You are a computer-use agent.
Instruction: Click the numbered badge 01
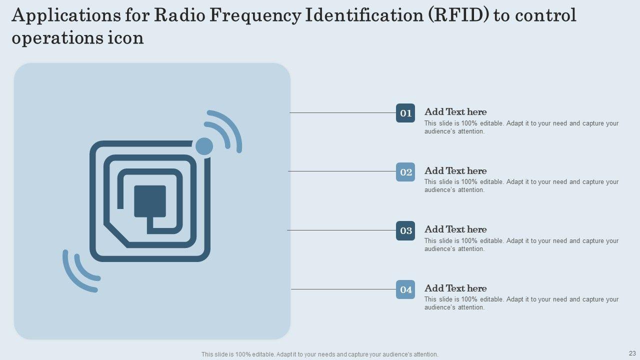tap(405, 113)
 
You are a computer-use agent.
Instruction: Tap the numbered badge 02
tap(405, 172)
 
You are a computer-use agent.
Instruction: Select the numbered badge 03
tap(405, 230)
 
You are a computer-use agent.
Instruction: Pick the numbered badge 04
tap(405, 289)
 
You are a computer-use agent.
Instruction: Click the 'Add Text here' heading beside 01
tap(455, 112)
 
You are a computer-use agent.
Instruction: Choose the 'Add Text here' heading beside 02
tap(455, 171)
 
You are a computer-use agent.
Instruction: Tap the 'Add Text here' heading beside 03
tap(455, 229)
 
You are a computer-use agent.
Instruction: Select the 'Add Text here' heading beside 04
tap(455, 288)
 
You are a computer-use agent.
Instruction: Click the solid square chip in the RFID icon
tap(150, 201)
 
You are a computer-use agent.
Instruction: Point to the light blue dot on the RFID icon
tap(204, 146)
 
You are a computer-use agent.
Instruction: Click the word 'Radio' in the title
tap(177, 16)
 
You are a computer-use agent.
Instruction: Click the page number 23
tap(632, 352)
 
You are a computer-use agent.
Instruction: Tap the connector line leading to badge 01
tap(342, 113)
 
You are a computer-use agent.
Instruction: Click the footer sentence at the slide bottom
tap(319, 354)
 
